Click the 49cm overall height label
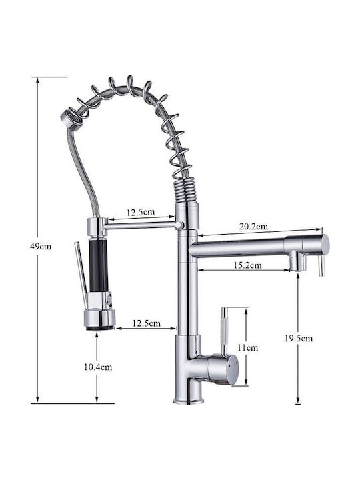click(41, 246)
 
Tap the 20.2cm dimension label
click(253, 226)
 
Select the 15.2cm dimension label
click(247, 265)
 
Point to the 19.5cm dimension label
click(299, 338)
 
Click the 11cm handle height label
click(247, 347)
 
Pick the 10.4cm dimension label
click(98, 367)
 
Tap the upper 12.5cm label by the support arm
click(141, 212)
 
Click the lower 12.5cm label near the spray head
click(146, 323)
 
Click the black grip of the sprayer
click(98, 266)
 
